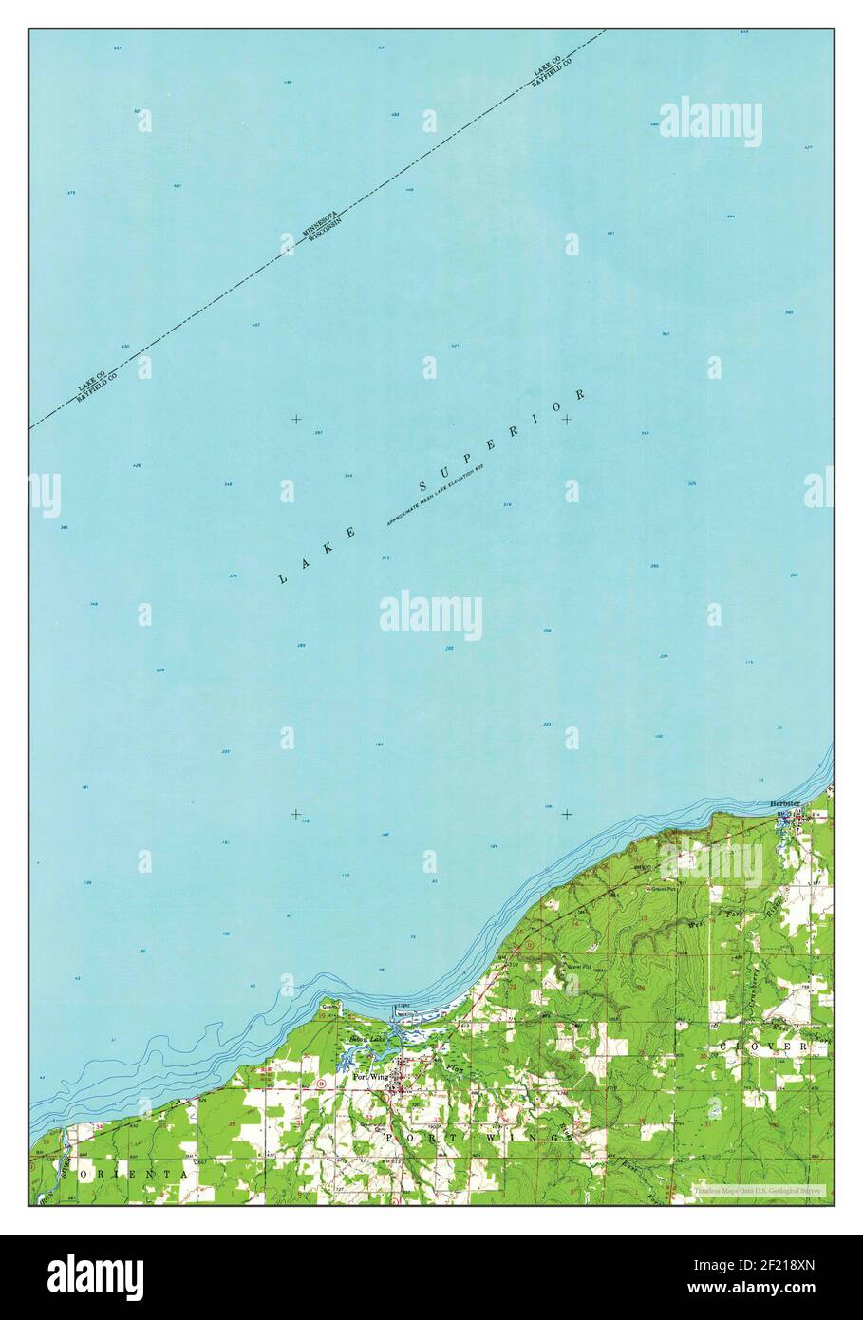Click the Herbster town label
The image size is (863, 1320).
tap(786, 803)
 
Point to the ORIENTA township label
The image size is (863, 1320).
tap(133, 1175)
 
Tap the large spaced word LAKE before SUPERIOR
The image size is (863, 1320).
tap(318, 556)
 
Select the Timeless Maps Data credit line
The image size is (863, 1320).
tap(757, 1190)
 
